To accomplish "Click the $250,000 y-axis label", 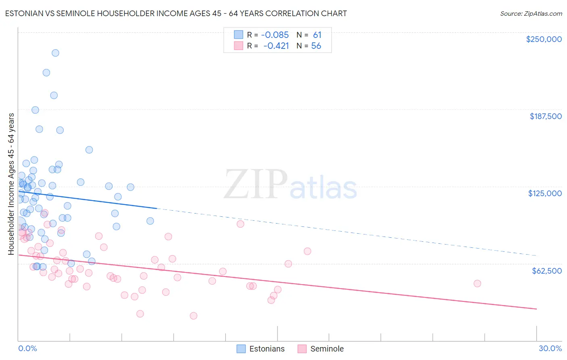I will [544, 39].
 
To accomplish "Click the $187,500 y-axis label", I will [545, 116].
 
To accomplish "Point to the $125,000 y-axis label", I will [545, 193].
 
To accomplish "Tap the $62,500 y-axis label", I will [546, 271].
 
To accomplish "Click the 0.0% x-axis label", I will [27, 348].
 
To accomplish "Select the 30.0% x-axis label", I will [550, 348].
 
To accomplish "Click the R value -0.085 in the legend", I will [275, 35].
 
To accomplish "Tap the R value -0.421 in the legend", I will [276, 46].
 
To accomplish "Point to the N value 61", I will [317, 35].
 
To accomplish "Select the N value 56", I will [316, 46].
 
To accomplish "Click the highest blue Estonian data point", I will [55, 53].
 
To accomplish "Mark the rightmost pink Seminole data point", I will [477, 283].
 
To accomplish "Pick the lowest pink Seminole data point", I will [194, 316].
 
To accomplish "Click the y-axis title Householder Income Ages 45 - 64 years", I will [11, 184].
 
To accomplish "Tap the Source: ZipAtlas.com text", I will [531, 13].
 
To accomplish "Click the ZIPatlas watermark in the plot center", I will [290, 184].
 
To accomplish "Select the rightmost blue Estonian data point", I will [150, 221].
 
